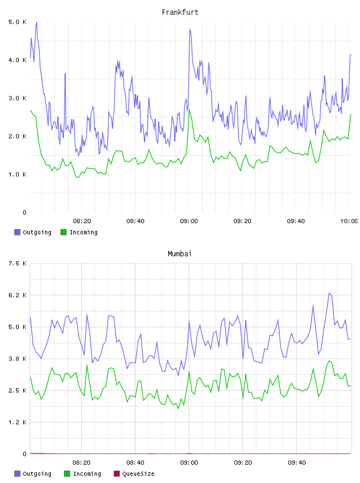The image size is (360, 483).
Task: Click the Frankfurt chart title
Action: [x=180, y=12]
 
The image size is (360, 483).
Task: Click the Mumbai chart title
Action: [x=179, y=254]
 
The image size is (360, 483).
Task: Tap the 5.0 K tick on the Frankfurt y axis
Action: [x=17, y=22]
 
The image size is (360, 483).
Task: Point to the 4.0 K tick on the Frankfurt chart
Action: [x=17, y=60]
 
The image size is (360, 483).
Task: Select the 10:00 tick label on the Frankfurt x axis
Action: [x=349, y=221]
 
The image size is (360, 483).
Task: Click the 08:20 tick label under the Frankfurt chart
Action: [x=82, y=221]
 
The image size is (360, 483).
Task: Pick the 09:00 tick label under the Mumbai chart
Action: [x=189, y=463]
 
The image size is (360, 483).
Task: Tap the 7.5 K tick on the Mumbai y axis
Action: [x=17, y=263]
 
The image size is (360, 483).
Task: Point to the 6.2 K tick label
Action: [x=17, y=295]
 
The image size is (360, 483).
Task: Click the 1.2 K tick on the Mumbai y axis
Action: [x=17, y=422]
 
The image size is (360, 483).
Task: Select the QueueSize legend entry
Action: [x=134, y=474]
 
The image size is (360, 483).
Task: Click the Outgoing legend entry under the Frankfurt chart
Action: [x=33, y=232]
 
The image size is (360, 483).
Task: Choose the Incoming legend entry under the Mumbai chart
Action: [x=83, y=474]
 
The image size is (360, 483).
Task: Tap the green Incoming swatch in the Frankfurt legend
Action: [x=63, y=232]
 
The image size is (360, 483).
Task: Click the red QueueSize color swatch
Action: [x=117, y=474]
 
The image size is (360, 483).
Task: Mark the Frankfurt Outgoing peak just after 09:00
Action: [x=190, y=29]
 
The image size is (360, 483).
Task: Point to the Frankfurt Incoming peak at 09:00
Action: [x=189, y=109]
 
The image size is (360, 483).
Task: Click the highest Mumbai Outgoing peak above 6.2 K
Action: [x=329, y=293]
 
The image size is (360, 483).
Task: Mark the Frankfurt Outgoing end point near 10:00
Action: [x=351, y=55]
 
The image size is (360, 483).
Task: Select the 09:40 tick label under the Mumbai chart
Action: [x=297, y=463]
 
